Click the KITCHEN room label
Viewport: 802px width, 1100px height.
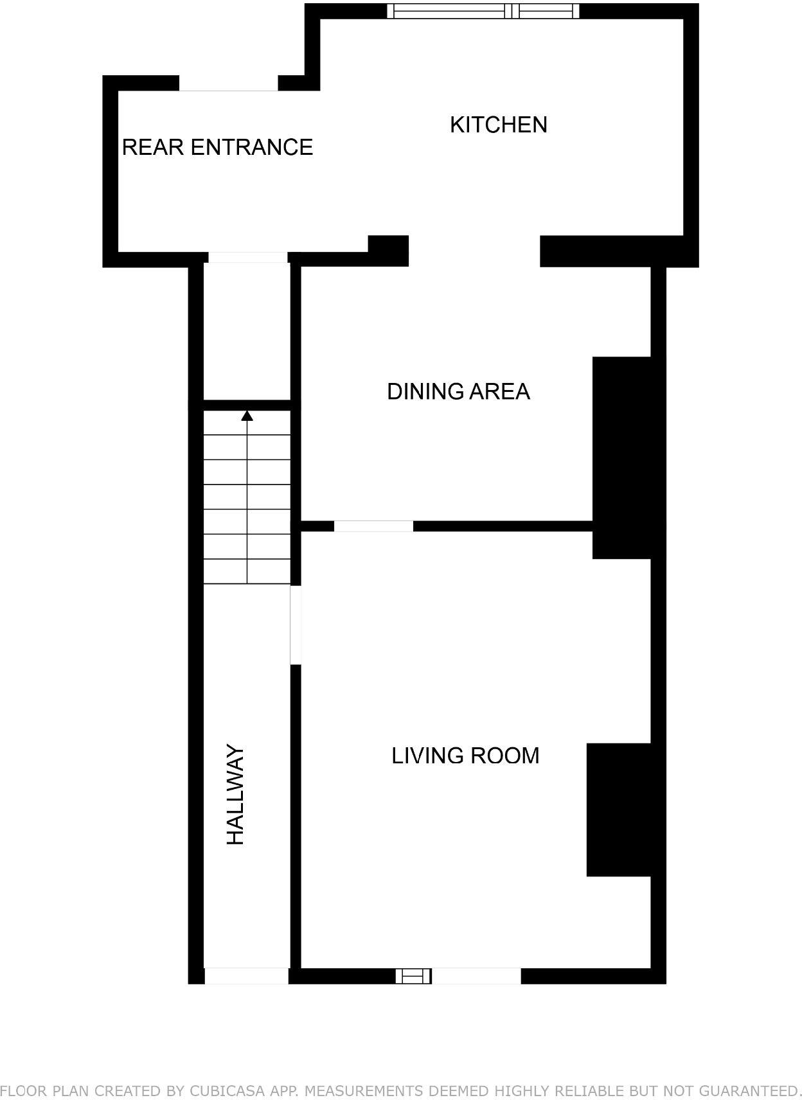(x=498, y=125)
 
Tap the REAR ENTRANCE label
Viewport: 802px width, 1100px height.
(x=217, y=147)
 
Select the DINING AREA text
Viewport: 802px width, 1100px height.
(x=458, y=391)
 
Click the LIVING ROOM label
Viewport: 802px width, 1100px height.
(x=465, y=756)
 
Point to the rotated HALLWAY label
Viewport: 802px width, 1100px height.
(x=236, y=794)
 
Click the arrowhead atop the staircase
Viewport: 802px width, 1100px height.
(x=247, y=416)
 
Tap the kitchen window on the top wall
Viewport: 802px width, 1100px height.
(x=483, y=11)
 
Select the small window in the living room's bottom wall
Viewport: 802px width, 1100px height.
(x=413, y=977)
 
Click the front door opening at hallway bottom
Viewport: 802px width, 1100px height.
(x=246, y=976)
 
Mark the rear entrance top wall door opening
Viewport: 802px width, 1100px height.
(x=228, y=84)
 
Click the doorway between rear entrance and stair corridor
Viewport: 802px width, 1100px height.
(x=247, y=258)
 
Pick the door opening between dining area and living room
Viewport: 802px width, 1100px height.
(x=373, y=526)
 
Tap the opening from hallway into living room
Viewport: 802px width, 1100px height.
(x=296, y=625)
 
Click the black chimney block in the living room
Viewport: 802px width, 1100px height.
(x=619, y=810)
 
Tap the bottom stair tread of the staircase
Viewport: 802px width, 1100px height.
(x=247, y=572)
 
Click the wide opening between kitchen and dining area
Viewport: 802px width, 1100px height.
(x=474, y=251)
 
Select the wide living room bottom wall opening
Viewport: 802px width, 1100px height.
(x=476, y=977)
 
